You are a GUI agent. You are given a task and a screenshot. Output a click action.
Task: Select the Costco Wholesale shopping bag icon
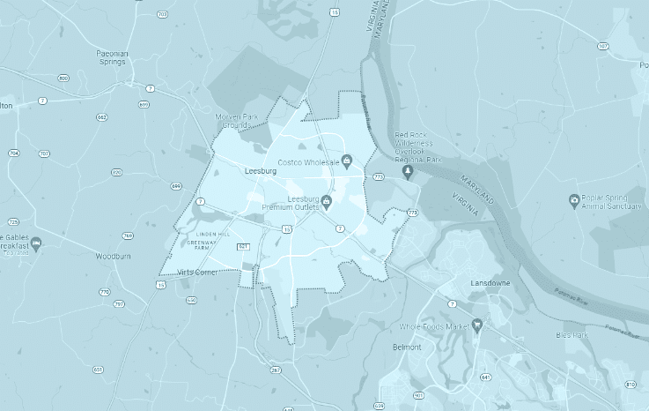click(347, 161)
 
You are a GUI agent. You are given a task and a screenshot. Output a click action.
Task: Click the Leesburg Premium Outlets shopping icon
click(327, 201)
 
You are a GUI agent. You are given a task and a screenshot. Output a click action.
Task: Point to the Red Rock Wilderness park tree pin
click(408, 171)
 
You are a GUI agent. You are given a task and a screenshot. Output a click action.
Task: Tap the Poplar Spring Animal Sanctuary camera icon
click(574, 200)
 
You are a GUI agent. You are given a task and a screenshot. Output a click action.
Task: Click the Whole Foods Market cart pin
click(476, 325)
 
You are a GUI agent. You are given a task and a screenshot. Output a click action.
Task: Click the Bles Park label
click(572, 335)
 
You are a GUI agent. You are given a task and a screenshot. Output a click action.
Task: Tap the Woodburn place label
click(114, 257)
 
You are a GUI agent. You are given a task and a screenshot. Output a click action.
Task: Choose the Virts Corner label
click(197, 273)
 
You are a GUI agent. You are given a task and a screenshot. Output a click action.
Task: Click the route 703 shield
click(162, 15)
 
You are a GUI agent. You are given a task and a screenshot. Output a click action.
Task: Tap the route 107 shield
click(602, 45)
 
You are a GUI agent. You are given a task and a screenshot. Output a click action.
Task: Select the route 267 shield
click(276, 370)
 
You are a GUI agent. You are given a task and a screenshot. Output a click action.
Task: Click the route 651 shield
click(98, 369)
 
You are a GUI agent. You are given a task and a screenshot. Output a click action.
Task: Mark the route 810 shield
click(629, 385)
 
